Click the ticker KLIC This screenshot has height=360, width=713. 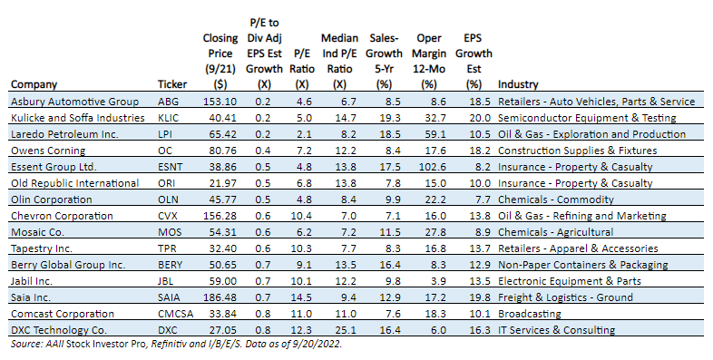(x=168, y=118)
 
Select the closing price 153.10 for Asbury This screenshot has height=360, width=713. (x=220, y=102)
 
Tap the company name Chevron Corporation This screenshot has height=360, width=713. (x=62, y=216)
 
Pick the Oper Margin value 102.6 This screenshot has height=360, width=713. (x=433, y=167)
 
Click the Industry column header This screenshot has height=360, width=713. (x=518, y=84)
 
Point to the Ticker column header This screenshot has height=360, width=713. (x=172, y=84)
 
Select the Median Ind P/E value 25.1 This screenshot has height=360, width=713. (x=346, y=330)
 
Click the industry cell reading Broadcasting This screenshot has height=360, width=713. (x=530, y=314)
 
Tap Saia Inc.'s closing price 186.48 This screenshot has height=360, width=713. (x=220, y=297)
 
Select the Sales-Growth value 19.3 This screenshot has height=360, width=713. (x=390, y=118)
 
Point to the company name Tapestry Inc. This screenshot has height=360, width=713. (x=42, y=248)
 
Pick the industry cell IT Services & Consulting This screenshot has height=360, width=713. (x=557, y=330)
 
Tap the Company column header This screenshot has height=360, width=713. (x=34, y=85)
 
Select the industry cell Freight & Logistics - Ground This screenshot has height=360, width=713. (x=565, y=297)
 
